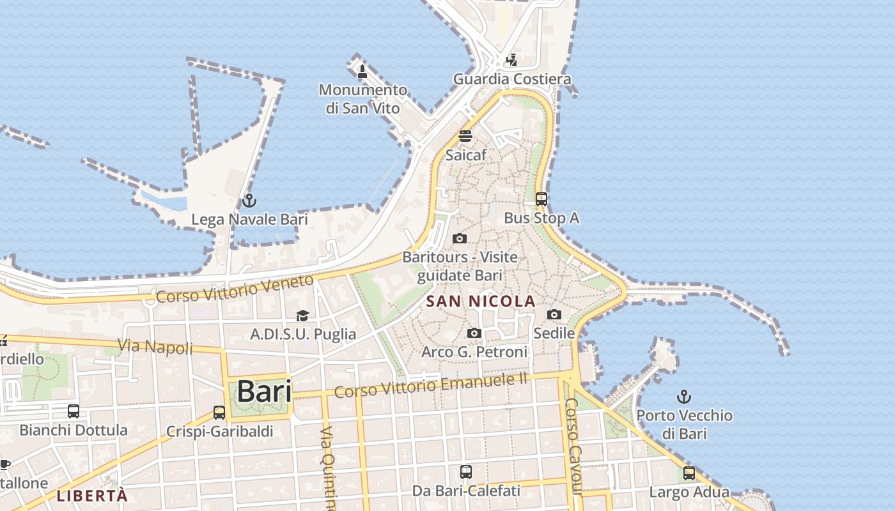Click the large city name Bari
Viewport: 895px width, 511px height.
[264, 391]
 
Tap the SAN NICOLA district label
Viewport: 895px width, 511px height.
[481, 301]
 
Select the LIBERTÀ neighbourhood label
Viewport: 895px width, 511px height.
[92, 495]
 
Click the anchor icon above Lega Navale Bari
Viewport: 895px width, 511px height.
[249, 201]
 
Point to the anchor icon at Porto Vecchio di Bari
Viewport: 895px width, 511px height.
[684, 397]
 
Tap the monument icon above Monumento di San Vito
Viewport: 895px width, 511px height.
[362, 71]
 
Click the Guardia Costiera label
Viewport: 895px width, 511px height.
[512, 79]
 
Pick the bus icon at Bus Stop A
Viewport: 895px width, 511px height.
[541, 199]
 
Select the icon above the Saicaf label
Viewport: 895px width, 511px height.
[465, 136]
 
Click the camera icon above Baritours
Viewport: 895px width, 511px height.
[459, 239]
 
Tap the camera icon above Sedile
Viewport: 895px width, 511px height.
[554, 314]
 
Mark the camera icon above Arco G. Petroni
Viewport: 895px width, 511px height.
[474, 333]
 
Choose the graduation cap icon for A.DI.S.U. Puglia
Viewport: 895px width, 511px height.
[302, 316]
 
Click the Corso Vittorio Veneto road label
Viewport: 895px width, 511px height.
[235, 289]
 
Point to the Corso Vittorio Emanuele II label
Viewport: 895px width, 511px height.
[431, 385]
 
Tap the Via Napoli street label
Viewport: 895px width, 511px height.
[155, 347]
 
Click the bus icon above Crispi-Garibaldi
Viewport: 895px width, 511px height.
[219, 413]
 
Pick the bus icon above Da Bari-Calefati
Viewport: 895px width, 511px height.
[466, 472]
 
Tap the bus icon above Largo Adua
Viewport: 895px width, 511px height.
[689, 473]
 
